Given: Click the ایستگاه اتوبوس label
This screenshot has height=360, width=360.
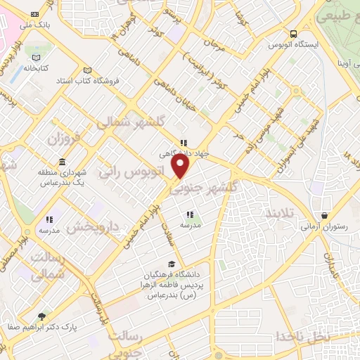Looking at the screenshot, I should (293, 44).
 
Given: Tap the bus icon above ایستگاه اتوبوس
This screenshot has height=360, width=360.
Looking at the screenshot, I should (293, 33).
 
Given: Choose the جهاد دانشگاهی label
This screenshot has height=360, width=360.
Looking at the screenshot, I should (184, 153).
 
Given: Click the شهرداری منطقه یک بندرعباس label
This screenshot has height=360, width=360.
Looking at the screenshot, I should (63, 177).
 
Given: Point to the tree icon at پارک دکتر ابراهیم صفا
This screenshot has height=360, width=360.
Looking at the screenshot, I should (41, 316).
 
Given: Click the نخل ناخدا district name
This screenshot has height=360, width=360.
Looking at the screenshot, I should (302, 336).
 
